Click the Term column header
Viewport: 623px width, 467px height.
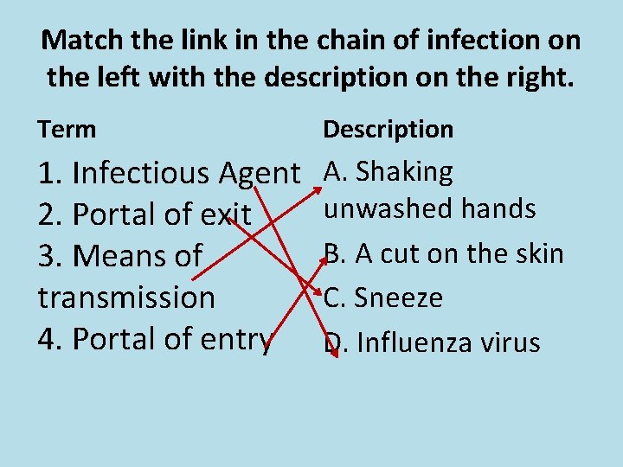point(67,130)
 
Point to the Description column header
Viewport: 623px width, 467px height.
point(388,130)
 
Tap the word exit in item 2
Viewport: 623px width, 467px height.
point(223,214)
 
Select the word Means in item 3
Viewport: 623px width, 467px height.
point(112,256)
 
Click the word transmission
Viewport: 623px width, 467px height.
point(126,297)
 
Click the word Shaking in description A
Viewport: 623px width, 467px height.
point(404,172)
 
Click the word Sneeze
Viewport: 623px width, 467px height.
point(399,298)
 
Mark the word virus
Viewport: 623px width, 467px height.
point(512,343)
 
